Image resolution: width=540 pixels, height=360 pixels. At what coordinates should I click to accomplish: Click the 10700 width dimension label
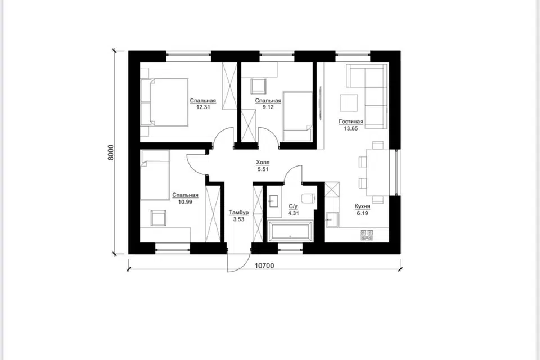coord(264,265)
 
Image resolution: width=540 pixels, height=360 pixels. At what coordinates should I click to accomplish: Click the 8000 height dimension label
coord(110,152)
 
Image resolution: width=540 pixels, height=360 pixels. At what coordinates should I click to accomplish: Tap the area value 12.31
coord(203,107)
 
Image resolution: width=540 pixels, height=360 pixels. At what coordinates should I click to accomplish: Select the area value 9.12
coord(268,107)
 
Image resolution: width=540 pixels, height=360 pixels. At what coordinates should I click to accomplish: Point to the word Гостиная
coord(351,121)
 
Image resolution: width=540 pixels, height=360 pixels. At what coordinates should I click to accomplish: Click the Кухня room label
coord(362,206)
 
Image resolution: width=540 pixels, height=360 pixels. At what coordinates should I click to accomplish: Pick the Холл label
coord(263,162)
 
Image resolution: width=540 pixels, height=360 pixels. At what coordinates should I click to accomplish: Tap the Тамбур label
coord(238,213)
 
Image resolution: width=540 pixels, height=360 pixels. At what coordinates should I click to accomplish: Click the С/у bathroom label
coord(292,206)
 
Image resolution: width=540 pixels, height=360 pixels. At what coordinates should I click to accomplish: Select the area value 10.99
coord(185,202)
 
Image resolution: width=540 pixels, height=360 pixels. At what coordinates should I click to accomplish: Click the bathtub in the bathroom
coord(290,231)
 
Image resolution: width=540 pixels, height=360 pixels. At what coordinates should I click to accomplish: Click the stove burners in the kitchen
coord(367,235)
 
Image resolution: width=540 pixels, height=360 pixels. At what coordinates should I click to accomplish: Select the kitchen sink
coord(332,219)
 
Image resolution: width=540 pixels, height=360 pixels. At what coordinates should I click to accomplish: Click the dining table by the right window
coord(377,172)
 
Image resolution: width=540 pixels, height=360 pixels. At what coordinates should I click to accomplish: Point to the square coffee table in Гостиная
coord(349,103)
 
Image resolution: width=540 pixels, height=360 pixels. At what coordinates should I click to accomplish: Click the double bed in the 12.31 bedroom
coord(164,102)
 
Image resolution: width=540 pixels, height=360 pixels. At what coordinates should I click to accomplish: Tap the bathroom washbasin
coord(274,201)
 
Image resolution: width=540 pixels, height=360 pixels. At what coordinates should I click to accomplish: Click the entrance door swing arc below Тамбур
coord(242,264)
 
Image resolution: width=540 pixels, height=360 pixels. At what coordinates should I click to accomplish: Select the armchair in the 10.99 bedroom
coord(159,218)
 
